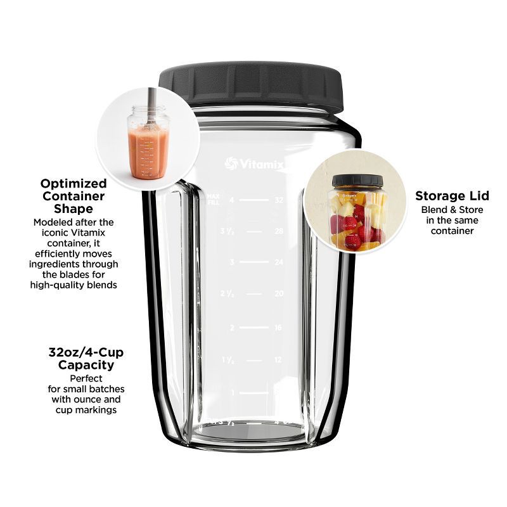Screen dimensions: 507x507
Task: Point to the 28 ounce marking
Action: pyautogui.click(x=278, y=231)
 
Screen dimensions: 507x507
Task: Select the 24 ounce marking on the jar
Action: pyautogui.click(x=278, y=262)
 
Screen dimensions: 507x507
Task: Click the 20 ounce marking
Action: pyautogui.click(x=278, y=294)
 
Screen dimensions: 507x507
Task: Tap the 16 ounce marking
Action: pyautogui.click(x=278, y=328)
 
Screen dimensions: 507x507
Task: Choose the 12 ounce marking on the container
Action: pyautogui.click(x=278, y=360)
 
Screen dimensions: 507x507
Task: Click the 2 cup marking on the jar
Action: pyautogui.click(x=232, y=328)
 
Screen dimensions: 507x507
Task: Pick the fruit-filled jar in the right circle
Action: pyautogui.click(x=356, y=215)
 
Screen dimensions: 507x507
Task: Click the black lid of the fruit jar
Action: pyautogui.click(x=357, y=181)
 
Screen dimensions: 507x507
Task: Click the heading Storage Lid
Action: pyautogui.click(x=452, y=196)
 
